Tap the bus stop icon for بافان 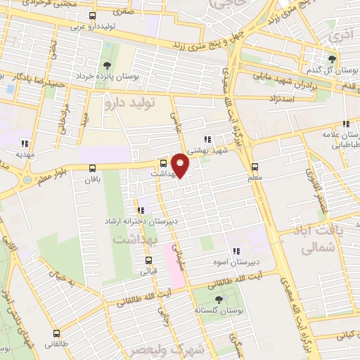pyautogui.click(x=93, y=167)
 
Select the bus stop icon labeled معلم pyautogui.click(x=255, y=167)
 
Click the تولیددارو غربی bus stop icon pyautogui.click(x=93, y=15)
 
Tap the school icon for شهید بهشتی pyautogui.click(x=207, y=139)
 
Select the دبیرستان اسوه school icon pyautogui.click(x=237, y=250)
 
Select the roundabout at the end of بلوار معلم pyautogui.click(x=27, y=180)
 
